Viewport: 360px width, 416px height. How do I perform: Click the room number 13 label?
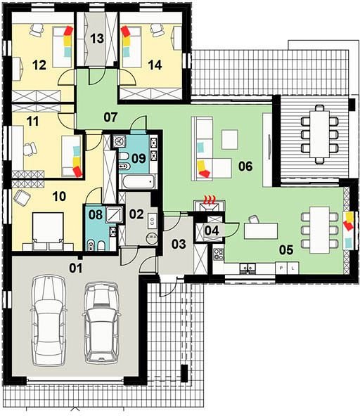(x=97, y=39)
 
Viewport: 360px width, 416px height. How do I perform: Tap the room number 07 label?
(x=110, y=117)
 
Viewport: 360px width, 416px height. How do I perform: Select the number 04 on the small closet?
(x=212, y=230)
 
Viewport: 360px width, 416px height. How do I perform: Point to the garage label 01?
(x=76, y=268)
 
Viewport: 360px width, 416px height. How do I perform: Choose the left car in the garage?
(x=49, y=320)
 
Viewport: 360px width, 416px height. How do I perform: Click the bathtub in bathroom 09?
(x=139, y=181)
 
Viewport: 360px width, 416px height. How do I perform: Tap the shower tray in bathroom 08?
(x=115, y=214)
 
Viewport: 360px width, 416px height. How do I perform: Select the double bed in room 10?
(x=48, y=230)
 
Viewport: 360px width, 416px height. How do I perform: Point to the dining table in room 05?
(x=320, y=230)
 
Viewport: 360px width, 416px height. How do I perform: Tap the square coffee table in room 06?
(x=230, y=140)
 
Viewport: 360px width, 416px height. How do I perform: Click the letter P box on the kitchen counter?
(x=281, y=268)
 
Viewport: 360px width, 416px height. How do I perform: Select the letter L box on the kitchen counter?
(x=292, y=268)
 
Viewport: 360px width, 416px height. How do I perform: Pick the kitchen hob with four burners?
(x=219, y=254)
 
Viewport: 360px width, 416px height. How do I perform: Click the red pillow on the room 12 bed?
(x=68, y=30)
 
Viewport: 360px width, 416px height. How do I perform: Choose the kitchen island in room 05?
(x=261, y=231)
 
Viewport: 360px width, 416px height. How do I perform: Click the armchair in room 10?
(x=22, y=197)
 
